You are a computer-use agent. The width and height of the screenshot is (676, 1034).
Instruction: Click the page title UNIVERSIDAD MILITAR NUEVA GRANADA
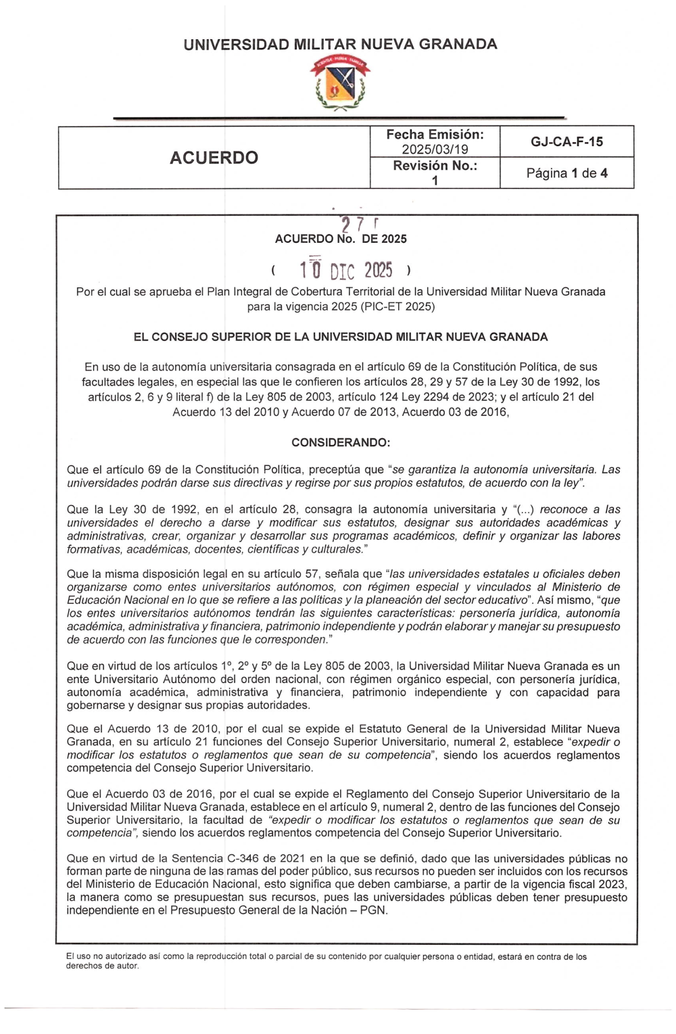click(340, 45)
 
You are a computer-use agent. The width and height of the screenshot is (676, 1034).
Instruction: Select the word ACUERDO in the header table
click(214, 158)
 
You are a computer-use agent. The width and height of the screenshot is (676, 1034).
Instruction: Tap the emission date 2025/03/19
click(435, 149)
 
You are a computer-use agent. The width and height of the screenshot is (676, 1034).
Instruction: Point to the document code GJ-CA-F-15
click(566, 141)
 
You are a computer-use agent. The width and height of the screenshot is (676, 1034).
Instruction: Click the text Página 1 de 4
click(566, 173)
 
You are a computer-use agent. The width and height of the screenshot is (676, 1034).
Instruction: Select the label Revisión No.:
click(435, 166)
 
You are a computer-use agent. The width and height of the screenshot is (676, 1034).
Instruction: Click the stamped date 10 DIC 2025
click(345, 271)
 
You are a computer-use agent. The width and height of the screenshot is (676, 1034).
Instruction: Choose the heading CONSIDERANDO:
click(340, 442)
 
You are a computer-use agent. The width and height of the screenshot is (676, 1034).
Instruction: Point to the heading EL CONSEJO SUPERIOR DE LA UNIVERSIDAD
click(340, 337)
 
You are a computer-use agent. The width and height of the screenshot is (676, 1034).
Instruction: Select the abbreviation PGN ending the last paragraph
click(373, 910)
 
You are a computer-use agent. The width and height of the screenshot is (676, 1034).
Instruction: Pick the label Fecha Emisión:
click(435, 135)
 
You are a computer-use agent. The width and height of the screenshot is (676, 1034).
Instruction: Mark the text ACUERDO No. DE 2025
click(340, 239)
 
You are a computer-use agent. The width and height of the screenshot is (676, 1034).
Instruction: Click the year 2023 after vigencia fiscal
click(612, 885)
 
